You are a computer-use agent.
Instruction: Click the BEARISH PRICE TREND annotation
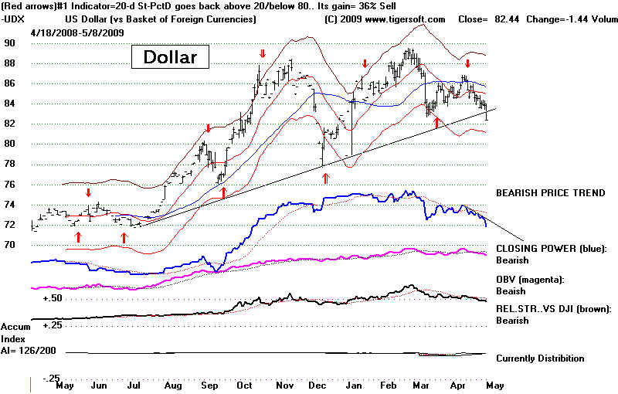[x=550, y=192]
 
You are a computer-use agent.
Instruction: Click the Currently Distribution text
[x=540, y=358]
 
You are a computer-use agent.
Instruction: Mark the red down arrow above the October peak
[x=263, y=54]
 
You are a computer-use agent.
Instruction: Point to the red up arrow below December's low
[x=325, y=178]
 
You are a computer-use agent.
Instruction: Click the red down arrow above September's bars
[x=208, y=128]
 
